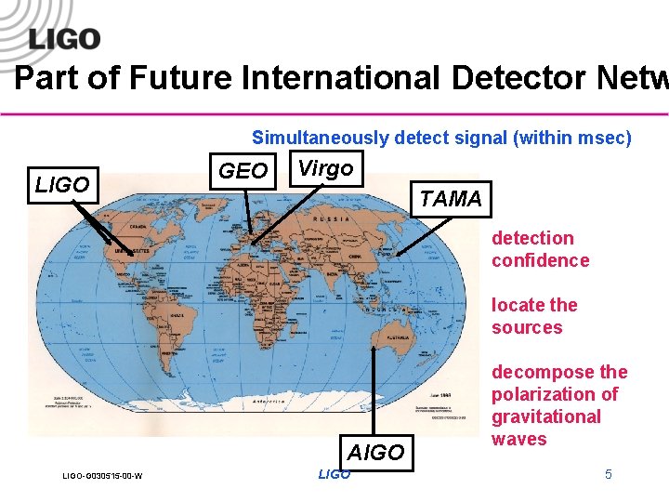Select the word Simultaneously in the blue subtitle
click(x=320, y=139)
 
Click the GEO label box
click(x=243, y=171)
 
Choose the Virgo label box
click(x=325, y=168)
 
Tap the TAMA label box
click(x=451, y=198)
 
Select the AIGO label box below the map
click(x=375, y=453)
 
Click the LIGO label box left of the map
click(x=62, y=185)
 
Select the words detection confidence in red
click(x=540, y=249)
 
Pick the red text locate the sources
click(x=534, y=316)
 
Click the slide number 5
click(x=609, y=475)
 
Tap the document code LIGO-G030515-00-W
click(x=102, y=477)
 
